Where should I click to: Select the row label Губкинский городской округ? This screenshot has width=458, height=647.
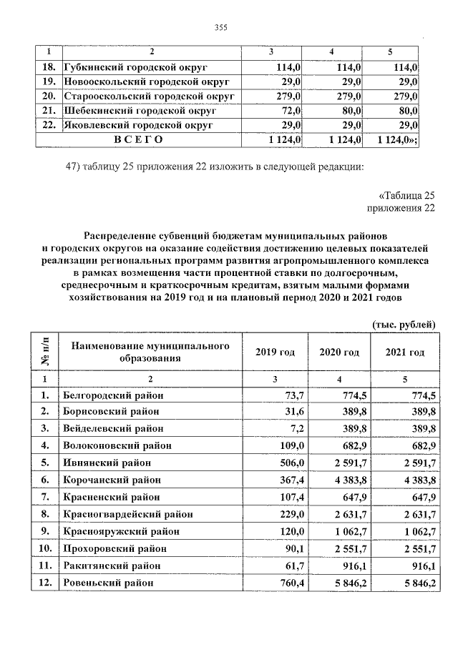click(135, 66)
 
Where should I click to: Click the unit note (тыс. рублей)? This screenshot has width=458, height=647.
click(404, 324)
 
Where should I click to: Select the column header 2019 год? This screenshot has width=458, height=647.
click(276, 352)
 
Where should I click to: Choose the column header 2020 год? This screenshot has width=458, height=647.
click(339, 352)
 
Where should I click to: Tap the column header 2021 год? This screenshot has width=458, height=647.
click(404, 352)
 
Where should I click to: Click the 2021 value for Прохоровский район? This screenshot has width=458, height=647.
click(417, 548)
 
